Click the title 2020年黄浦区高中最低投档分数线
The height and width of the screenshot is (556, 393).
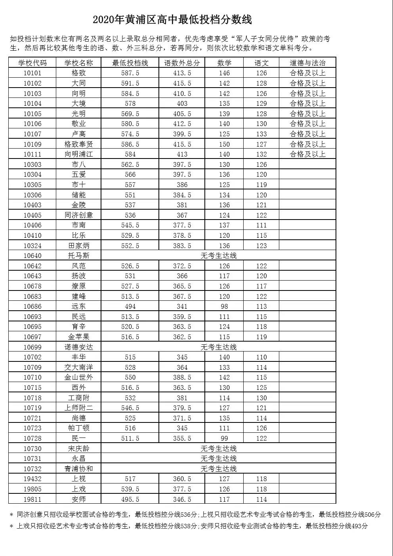pyautogui.click(x=172, y=19)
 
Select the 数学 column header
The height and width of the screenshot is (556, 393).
pyautogui.click(x=224, y=63)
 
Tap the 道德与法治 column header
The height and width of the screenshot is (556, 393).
pyautogui.click(x=307, y=63)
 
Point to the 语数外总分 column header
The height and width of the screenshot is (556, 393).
pyautogui.click(x=182, y=63)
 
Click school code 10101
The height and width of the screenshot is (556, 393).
pyautogui.click(x=32, y=73)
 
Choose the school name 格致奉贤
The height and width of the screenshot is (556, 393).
pyautogui.click(x=78, y=144)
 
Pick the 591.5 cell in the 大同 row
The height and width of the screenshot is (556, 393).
pyautogui.click(x=130, y=83)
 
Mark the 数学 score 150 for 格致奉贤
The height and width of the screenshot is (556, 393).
pyautogui.click(x=224, y=144)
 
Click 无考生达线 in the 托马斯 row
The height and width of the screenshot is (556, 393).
pyautogui.click(x=218, y=256)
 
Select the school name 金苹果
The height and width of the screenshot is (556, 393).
pyautogui.click(x=78, y=337)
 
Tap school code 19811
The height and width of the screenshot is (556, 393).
pyautogui.click(x=32, y=499)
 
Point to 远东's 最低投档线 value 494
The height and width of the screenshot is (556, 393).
pyautogui.click(x=130, y=306)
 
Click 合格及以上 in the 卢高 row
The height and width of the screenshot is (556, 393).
pyautogui.click(x=307, y=134)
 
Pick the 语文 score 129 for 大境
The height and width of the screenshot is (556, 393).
pyautogui.click(x=261, y=103)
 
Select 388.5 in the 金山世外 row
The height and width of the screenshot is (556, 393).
pyautogui.click(x=182, y=377)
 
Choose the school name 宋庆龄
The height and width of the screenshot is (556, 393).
pyautogui.click(x=78, y=449)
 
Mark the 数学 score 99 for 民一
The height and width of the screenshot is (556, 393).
pyautogui.click(x=224, y=438)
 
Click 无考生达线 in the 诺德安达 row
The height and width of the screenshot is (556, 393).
pyautogui.click(x=218, y=347)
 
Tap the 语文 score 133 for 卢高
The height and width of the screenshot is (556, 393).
pyautogui.click(x=261, y=134)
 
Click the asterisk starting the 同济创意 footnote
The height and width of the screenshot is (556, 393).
pyautogui.click(x=11, y=515)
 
